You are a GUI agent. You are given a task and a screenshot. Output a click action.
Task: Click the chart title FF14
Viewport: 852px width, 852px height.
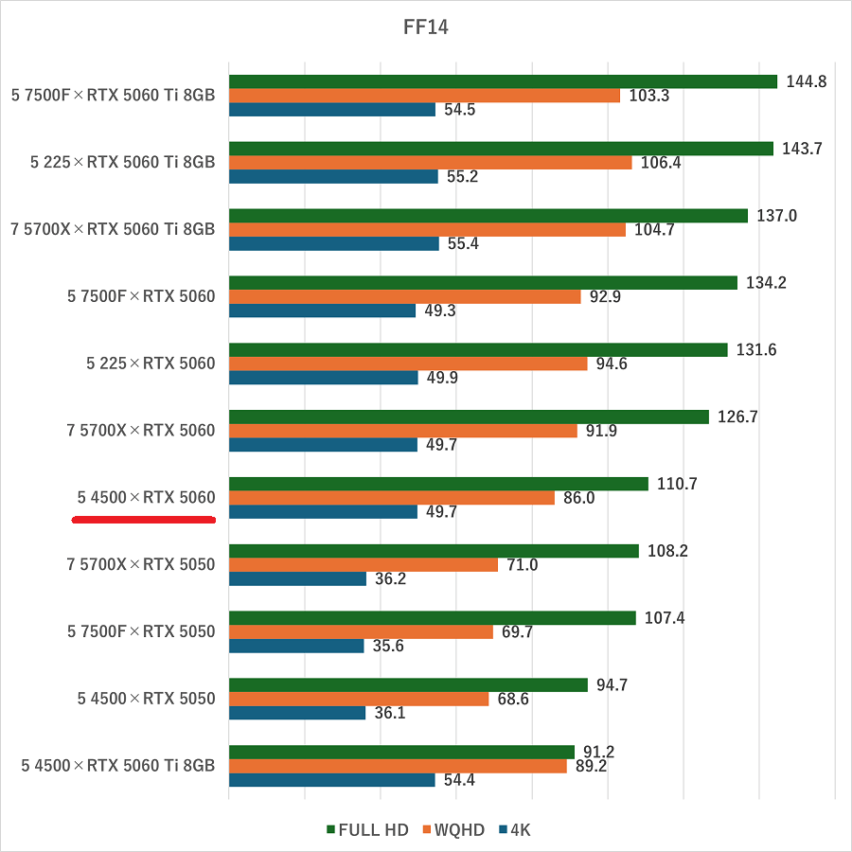(x=426, y=27)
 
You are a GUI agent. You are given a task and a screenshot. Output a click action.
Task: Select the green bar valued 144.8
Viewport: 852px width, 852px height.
(x=502, y=81)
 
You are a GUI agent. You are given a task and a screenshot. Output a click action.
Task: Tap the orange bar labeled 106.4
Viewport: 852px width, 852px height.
(x=430, y=162)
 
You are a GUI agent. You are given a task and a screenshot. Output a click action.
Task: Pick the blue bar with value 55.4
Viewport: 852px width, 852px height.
(x=333, y=243)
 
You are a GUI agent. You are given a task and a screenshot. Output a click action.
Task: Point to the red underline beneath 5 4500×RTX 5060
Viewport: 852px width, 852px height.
(x=144, y=519)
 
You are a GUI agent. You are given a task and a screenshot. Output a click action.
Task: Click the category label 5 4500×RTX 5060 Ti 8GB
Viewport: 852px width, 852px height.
(x=118, y=766)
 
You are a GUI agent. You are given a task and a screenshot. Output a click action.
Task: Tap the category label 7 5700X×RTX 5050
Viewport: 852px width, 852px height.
(x=141, y=564)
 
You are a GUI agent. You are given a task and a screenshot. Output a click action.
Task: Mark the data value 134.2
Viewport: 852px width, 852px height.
(x=767, y=283)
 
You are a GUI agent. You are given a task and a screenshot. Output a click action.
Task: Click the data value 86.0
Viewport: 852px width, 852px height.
(x=578, y=498)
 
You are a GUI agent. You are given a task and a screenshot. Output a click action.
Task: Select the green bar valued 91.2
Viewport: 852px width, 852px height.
(x=401, y=752)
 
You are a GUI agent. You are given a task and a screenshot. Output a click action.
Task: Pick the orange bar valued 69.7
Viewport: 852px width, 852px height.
(x=361, y=631)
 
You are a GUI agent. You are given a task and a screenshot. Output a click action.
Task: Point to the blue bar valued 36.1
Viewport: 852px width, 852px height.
(x=297, y=713)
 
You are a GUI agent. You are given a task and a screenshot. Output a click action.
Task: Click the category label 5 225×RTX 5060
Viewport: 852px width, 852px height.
(x=151, y=364)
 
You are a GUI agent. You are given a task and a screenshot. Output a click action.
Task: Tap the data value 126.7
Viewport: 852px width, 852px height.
(x=738, y=417)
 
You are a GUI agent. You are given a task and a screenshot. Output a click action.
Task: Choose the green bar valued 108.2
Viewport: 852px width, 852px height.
(x=434, y=551)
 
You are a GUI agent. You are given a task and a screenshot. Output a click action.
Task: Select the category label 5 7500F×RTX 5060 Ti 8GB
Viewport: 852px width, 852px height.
(x=114, y=95)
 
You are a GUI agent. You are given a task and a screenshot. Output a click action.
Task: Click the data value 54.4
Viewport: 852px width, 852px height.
(x=459, y=780)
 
